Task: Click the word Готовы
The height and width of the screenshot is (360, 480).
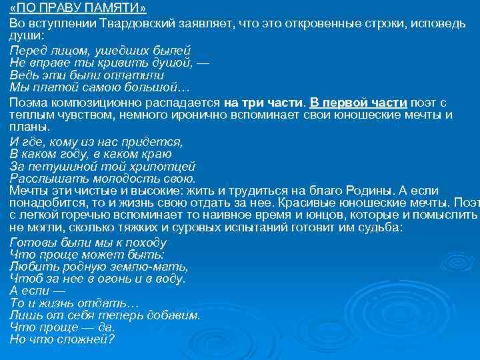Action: click(32, 242)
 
